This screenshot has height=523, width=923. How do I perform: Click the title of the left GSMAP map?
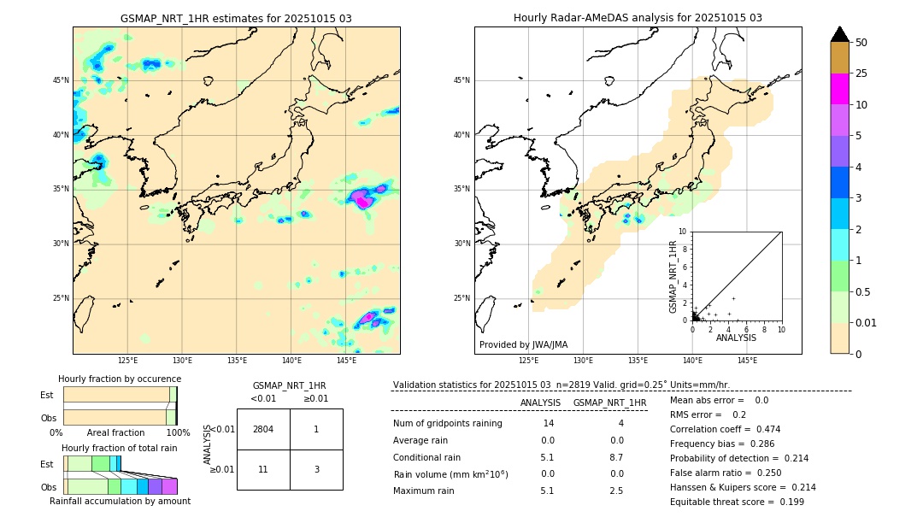[x=236, y=18]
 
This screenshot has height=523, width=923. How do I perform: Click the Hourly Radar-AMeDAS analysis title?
[x=638, y=18]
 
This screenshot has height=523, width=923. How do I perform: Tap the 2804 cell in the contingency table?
[x=263, y=429]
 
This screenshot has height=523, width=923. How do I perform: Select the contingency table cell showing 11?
[x=263, y=469]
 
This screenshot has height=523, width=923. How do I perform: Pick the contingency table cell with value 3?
[x=316, y=469]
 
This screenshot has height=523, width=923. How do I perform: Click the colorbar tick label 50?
[x=861, y=42]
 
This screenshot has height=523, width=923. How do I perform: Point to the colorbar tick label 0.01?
[x=866, y=322]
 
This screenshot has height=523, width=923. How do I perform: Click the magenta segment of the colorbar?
[x=839, y=89]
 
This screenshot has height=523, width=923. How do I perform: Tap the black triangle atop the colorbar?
[x=839, y=34]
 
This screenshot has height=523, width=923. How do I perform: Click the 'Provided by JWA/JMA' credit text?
[x=523, y=344]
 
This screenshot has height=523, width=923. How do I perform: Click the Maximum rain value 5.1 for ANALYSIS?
[x=547, y=491]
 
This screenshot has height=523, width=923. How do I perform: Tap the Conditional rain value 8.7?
[x=616, y=457]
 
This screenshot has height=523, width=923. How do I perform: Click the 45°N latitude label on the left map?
[x=61, y=80]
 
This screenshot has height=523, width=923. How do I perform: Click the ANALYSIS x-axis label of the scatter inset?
[x=736, y=338]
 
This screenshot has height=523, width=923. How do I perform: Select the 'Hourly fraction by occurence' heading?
[x=120, y=379]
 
